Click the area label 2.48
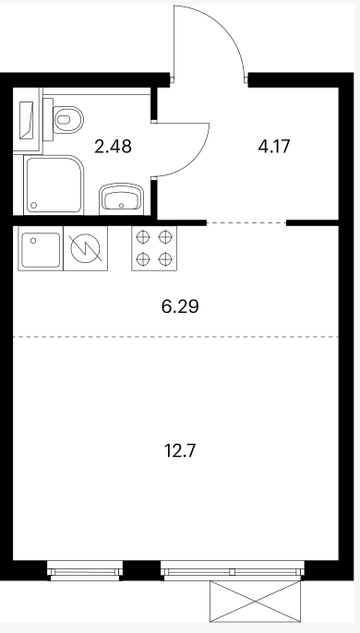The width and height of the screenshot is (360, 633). [x=113, y=146]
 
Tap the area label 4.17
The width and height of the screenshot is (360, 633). [x=274, y=146]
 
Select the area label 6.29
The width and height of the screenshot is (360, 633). [x=180, y=306]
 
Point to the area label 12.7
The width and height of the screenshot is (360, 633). [x=180, y=450]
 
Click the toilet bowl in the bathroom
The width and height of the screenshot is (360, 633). [x=68, y=120]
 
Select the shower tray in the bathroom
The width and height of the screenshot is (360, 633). [x=54, y=185]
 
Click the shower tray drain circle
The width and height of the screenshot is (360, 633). [x=34, y=206]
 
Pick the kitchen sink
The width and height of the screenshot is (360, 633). [x=41, y=248]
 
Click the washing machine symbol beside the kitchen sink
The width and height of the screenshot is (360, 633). [x=85, y=248]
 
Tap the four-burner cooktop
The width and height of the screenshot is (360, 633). [x=154, y=248]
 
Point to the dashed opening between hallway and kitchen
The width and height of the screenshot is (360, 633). [x=246, y=222]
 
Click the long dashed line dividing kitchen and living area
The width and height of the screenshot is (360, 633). [x=175, y=336]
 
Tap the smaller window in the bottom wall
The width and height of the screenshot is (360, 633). [x=84, y=571]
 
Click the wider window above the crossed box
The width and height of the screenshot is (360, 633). [x=233, y=571]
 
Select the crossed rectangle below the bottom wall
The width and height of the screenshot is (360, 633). [x=256, y=601]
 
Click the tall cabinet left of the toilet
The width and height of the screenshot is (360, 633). [x=27, y=120]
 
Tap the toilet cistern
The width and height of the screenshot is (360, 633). [x=48, y=120]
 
